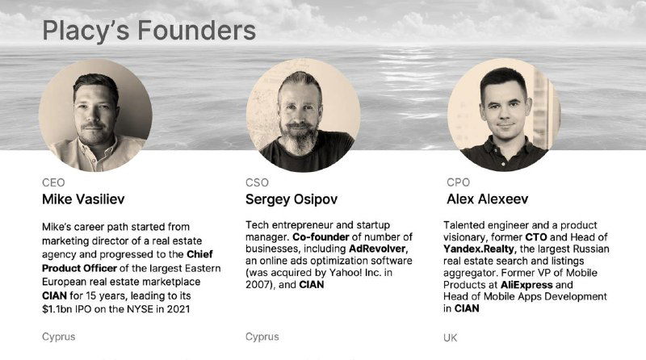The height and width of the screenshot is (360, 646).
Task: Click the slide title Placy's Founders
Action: coord(149,31)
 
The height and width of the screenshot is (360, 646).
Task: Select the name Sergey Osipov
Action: coord(291,199)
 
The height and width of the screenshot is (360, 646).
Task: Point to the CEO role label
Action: coord(52,182)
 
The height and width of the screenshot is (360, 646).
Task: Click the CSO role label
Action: coord(257,182)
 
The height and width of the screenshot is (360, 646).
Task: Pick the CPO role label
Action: coord(457,182)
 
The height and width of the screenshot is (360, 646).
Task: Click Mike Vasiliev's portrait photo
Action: coord(96,112)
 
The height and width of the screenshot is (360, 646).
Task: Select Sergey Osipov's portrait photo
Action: coord(303,112)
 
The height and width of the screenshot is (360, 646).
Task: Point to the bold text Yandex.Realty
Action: coord(484,249)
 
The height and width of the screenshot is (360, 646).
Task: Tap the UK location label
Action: coord(451,337)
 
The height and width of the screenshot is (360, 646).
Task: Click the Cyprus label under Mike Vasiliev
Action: coord(59,336)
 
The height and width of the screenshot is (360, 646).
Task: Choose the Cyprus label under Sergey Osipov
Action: coord(262,336)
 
